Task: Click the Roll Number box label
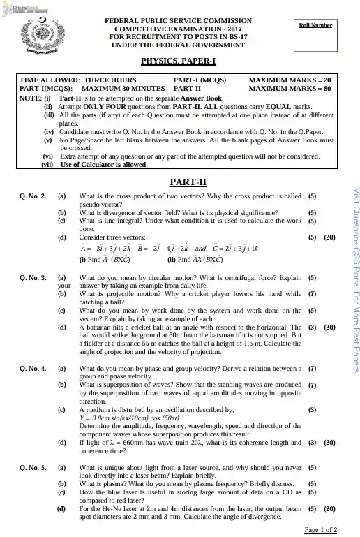click(x=315, y=25)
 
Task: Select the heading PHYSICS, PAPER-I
click(x=178, y=61)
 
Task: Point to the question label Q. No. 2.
click(x=33, y=198)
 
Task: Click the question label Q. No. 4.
click(x=33, y=368)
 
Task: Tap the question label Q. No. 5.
click(x=33, y=467)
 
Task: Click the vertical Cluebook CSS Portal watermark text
click(x=354, y=279)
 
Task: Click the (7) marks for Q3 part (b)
click(x=312, y=294)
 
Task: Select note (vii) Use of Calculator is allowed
click(x=104, y=165)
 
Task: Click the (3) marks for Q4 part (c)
click(x=312, y=409)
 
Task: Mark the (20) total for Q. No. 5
click(x=330, y=509)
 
